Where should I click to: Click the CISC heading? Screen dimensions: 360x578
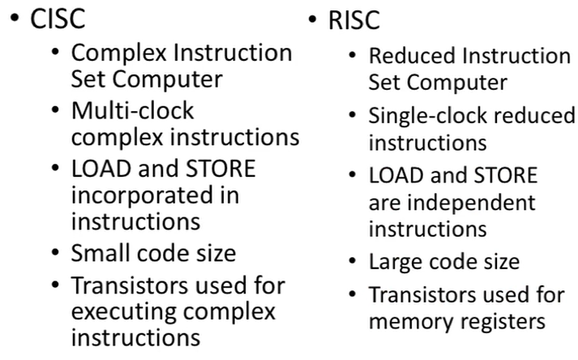pyautogui.click(x=59, y=19)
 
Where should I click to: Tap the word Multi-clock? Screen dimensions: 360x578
pyautogui.click(x=133, y=111)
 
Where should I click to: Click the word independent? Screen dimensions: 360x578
pyautogui.click(x=472, y=202)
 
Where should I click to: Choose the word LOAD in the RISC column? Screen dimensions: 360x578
pyautogui.click(x=397, y=176)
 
